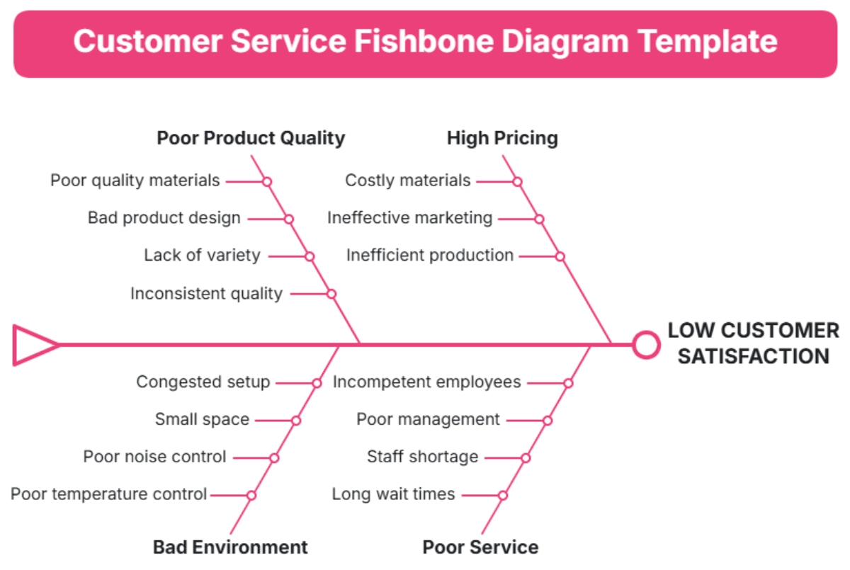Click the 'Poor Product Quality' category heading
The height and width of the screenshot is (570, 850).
click(251, 137)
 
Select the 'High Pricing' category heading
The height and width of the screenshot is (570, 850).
click(502, 137)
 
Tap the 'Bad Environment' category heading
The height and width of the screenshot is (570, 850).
click(230, 547)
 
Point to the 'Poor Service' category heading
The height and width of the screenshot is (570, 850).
click(480, 547)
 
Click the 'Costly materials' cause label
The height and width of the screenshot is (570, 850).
click(407, 181)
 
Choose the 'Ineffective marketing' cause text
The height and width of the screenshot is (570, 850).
click(409, 217)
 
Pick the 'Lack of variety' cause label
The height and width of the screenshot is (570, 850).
click(202, 255)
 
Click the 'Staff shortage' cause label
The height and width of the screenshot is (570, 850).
click(422, 457)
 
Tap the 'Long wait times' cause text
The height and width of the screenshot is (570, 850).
click(393, 494)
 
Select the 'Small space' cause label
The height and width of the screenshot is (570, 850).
click(202, 419)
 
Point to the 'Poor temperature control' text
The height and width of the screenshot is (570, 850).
click(108, 494)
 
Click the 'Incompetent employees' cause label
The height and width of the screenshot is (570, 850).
click(426, 382)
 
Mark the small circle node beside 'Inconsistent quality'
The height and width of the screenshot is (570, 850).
click(331, 293)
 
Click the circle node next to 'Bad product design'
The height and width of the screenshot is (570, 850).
click(289, 219)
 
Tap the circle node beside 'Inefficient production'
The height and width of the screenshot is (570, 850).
click(560, 256)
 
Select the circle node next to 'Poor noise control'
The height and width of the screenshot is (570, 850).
click(274, 457)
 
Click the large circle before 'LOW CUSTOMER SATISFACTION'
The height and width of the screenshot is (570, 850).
click(645, 345)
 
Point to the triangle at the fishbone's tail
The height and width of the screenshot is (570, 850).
click(32, 345)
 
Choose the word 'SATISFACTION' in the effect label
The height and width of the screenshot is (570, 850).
click(753, 355)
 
